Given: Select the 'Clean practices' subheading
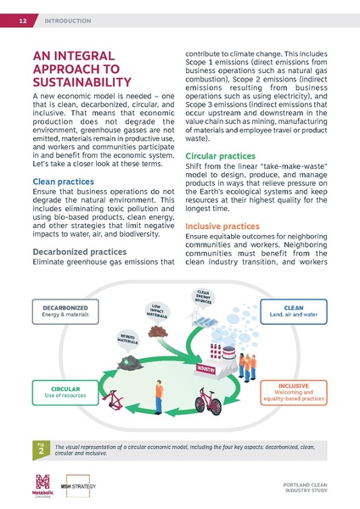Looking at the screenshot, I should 62,182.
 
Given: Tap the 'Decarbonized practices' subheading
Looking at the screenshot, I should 81,252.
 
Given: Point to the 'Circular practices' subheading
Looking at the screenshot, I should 219,157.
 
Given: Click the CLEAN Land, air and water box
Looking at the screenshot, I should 293,311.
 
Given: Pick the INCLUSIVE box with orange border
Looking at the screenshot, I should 292,391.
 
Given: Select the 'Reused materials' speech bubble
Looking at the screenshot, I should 128,338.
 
